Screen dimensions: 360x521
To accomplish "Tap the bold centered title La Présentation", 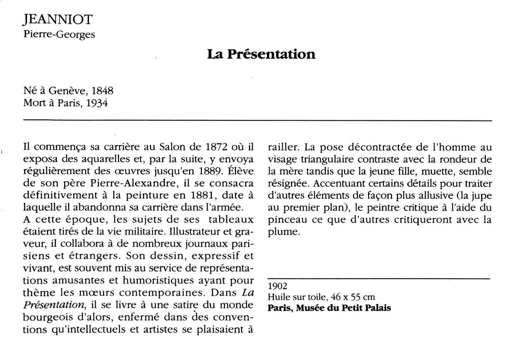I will tap(260, 54).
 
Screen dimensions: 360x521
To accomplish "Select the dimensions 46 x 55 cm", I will tap(354, 297).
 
